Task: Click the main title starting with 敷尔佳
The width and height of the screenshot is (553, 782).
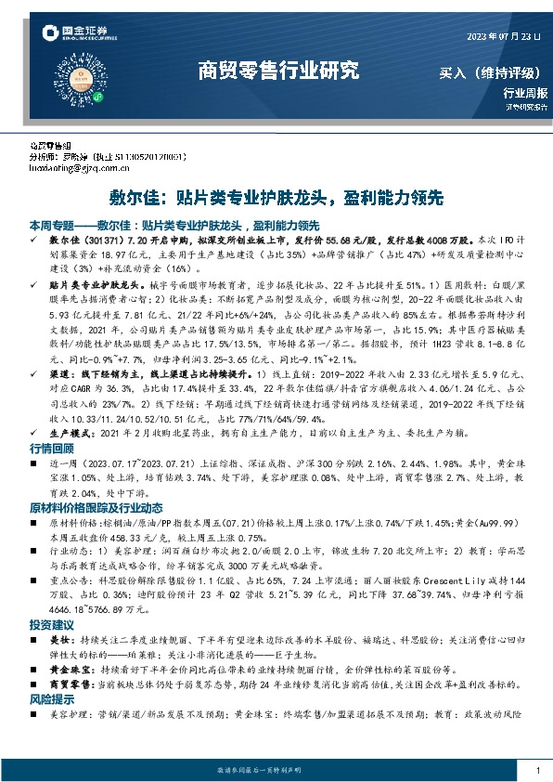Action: [277, 198]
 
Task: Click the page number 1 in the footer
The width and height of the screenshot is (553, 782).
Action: [538, 771]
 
